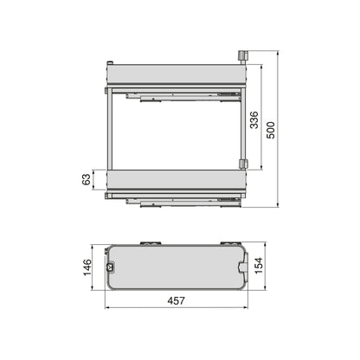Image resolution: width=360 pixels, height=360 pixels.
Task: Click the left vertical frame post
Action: coord(108,130)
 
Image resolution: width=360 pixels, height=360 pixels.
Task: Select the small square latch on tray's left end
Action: coord(111,267)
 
